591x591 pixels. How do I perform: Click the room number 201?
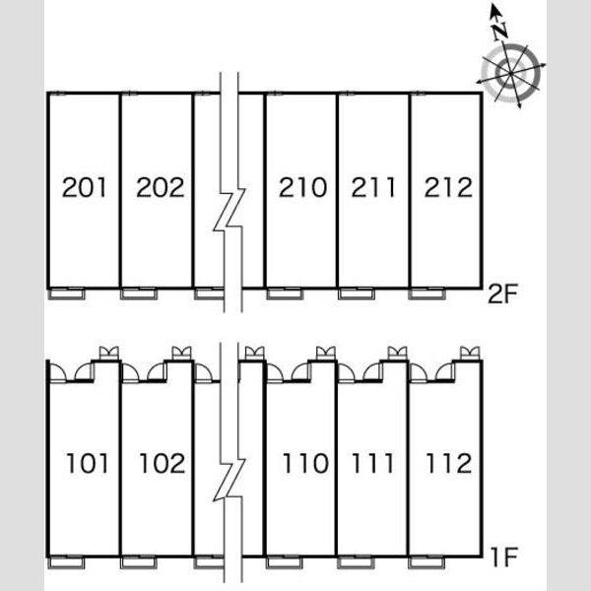(84, 187)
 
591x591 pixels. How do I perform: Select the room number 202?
(161, 187)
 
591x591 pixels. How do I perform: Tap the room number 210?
(302, 187)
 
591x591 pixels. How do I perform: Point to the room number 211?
(373, 187)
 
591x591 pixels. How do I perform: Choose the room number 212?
(448, 187)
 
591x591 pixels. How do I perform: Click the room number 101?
(87, 463)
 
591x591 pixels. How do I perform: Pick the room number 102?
(163, 463)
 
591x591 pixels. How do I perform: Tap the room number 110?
(305, 463)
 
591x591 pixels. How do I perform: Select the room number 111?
(372, 463)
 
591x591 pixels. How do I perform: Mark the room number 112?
(448, 463)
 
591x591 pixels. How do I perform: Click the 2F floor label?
(502, 294)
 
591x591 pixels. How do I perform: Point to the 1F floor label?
(504, 558)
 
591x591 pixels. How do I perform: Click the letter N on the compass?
(500, 31)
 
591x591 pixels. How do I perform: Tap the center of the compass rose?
(510, 73)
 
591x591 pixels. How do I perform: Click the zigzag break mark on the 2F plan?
(230, 210)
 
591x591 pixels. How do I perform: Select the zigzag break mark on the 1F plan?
(230, 480)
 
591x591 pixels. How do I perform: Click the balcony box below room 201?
(67, 294)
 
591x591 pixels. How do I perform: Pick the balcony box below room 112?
(427, 562)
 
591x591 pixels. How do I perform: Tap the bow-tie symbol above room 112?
(470, 354)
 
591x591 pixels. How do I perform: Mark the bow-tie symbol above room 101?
(109, 354)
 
